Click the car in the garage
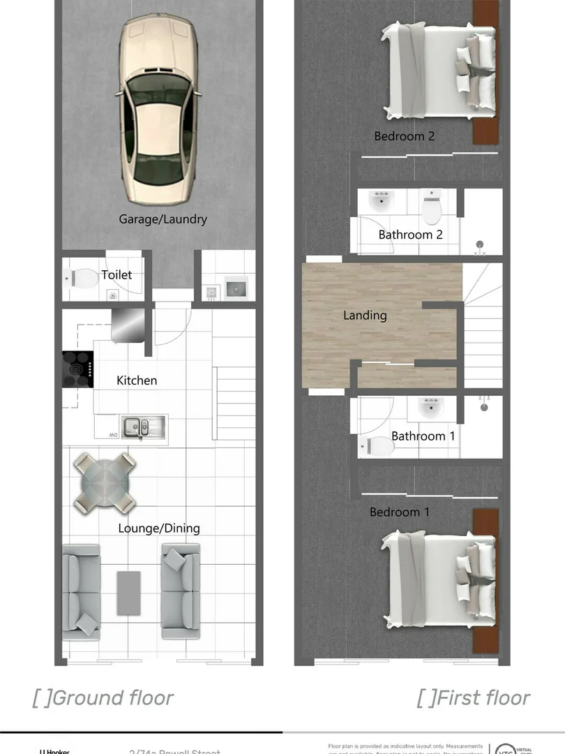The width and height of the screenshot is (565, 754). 159,108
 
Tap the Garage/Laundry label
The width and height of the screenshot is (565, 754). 163,219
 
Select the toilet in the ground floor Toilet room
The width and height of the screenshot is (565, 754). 82,279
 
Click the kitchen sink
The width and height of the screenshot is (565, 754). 143,426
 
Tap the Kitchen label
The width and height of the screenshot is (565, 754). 137,380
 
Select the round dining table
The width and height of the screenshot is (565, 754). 105,482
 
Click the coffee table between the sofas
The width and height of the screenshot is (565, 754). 128,593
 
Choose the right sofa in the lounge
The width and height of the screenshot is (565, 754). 181,591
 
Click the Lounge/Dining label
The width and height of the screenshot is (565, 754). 159,528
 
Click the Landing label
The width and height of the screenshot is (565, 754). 365,316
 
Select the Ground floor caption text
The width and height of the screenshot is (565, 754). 103,697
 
